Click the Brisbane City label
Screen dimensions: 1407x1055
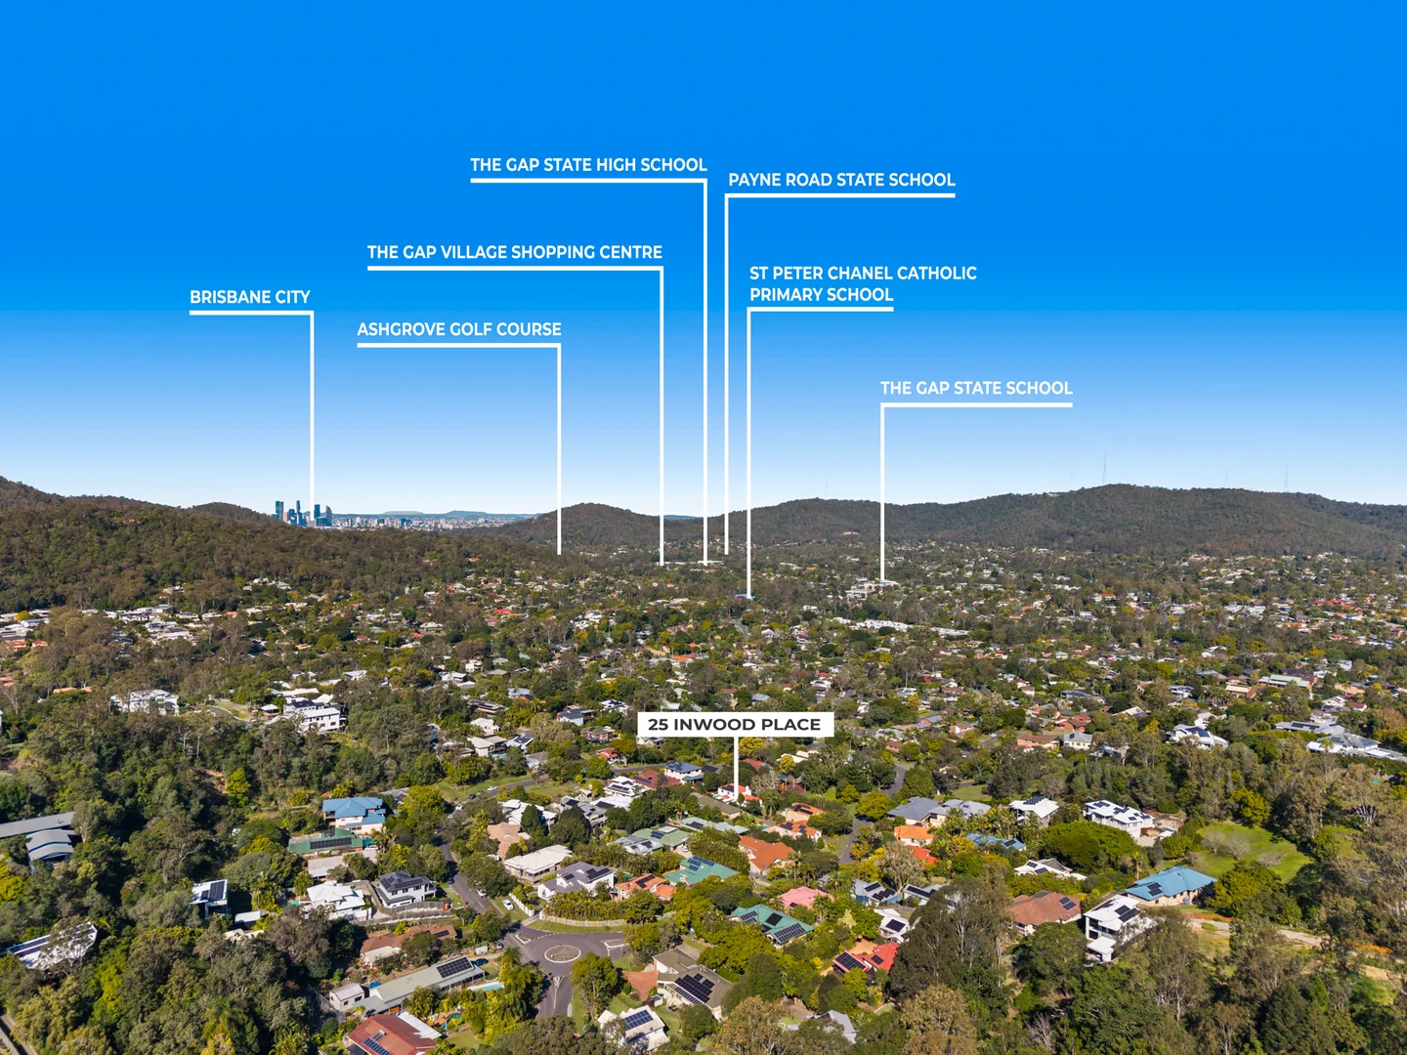250,297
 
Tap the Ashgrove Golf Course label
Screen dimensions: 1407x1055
459,329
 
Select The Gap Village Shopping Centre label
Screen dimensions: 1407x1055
515,252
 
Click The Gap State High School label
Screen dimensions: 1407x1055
588,165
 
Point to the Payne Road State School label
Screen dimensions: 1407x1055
841,180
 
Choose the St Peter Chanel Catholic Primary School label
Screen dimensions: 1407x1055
863,283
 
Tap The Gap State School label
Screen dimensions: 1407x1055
975,388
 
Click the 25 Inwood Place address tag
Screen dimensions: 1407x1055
735,725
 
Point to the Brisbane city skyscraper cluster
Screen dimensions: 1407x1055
303,514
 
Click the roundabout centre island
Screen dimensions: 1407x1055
562,953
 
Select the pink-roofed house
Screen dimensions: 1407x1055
801,898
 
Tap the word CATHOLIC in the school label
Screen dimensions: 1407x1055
936,274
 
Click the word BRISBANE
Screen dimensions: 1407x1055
222,297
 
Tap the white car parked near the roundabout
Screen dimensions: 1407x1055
507,906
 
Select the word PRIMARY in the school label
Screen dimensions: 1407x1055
785,295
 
